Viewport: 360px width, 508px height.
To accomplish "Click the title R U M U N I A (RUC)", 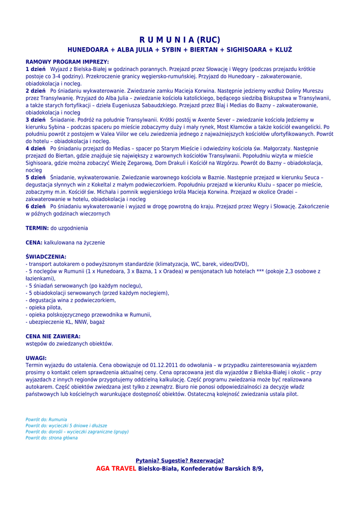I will click(179, 40).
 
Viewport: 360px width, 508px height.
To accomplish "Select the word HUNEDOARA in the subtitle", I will click(87, 50).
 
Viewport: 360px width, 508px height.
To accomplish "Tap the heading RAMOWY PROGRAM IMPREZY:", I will click(67, 62).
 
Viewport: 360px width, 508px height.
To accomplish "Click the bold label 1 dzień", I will click(36, 69).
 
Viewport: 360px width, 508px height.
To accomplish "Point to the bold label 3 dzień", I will click(36, 120).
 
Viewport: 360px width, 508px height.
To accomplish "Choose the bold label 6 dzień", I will click(36, 206).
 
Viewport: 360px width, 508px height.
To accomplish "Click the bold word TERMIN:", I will click(37, 228).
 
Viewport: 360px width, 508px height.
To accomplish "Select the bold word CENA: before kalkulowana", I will click(34, 243).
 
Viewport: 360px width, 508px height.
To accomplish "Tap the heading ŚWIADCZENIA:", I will click(46, 257).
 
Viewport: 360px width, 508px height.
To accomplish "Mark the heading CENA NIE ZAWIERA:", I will click(53, 336).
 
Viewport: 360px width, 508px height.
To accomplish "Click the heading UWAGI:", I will click(36, 358).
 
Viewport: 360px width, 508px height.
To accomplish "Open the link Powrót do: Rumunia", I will click(46, 420).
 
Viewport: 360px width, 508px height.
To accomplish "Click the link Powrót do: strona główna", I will click(52, 438).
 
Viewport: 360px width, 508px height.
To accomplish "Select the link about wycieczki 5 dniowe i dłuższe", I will click(66, 426).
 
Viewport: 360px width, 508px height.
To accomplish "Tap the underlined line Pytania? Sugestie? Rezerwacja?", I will click(180, 460).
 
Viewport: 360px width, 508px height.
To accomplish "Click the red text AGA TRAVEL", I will click(116, 468).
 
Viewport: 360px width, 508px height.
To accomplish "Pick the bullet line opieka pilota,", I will click(44, 308).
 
